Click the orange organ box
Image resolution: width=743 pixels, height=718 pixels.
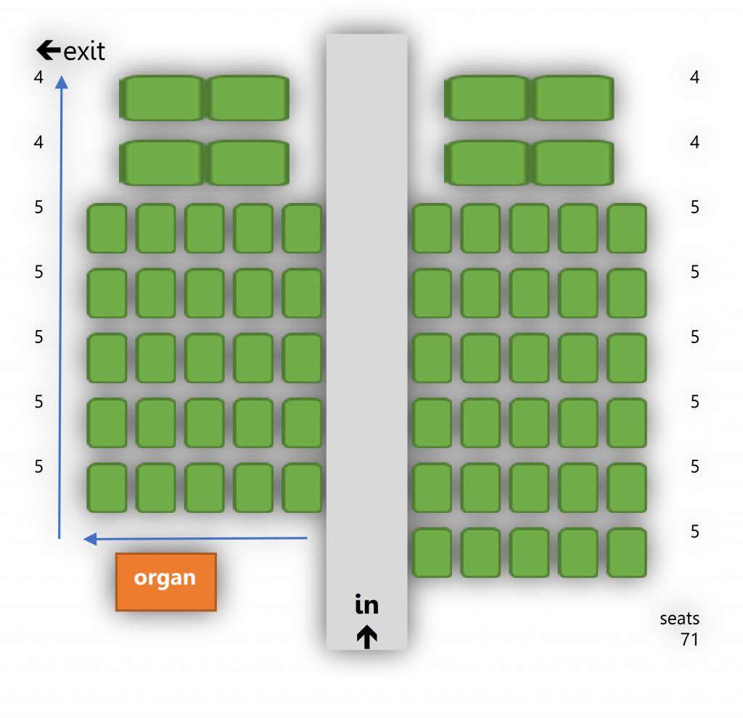166,582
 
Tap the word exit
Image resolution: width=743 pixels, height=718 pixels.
84,51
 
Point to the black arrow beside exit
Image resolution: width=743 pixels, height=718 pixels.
49,50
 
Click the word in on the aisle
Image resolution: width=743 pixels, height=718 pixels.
366,604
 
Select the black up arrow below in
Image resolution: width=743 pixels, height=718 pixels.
366,637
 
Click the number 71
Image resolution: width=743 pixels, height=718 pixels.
689,640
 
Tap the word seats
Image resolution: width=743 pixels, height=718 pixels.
679,619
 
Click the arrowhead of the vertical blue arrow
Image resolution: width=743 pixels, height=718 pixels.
62,82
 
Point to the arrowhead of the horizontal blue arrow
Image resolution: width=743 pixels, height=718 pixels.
90,539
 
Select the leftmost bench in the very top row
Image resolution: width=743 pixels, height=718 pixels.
162,98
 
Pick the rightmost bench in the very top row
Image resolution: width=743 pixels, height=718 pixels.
572,98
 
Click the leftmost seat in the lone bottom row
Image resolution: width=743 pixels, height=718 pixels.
432,553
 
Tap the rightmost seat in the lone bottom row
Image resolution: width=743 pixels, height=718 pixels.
627,553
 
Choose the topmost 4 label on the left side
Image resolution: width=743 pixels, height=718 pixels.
38,77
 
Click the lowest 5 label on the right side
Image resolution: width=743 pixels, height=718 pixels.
694,532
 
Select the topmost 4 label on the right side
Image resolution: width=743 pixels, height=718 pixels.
694,77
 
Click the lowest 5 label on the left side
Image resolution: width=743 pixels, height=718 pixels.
39,466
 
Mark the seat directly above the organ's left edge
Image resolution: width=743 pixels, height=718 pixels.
107,487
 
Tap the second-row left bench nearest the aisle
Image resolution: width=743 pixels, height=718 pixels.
247,163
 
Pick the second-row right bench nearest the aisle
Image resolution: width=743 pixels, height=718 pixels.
487,163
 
